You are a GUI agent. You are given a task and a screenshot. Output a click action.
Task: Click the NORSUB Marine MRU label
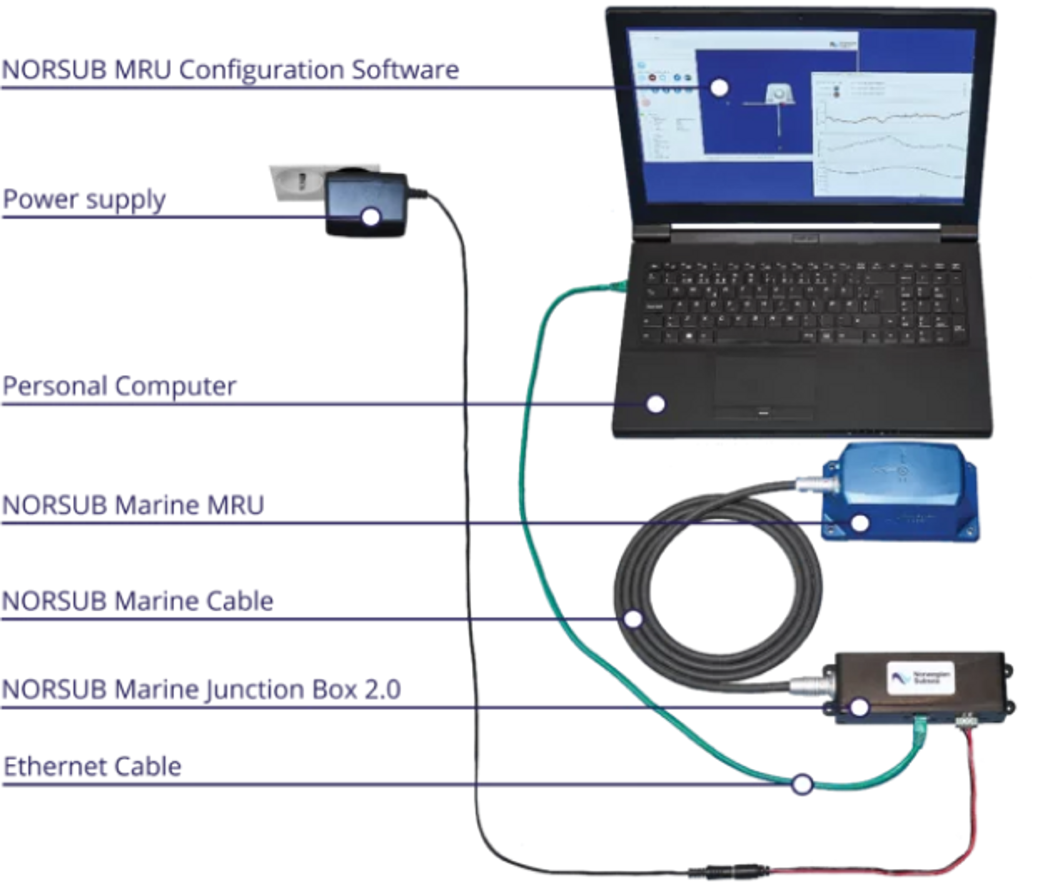133,505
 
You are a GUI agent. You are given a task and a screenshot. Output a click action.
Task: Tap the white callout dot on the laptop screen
719,88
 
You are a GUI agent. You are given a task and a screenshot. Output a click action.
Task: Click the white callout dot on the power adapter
371,217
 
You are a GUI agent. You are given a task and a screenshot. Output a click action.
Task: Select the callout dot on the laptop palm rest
656,404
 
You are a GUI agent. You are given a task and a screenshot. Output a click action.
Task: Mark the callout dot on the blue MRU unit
860,523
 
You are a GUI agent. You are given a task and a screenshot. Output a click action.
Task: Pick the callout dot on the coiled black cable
633,619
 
